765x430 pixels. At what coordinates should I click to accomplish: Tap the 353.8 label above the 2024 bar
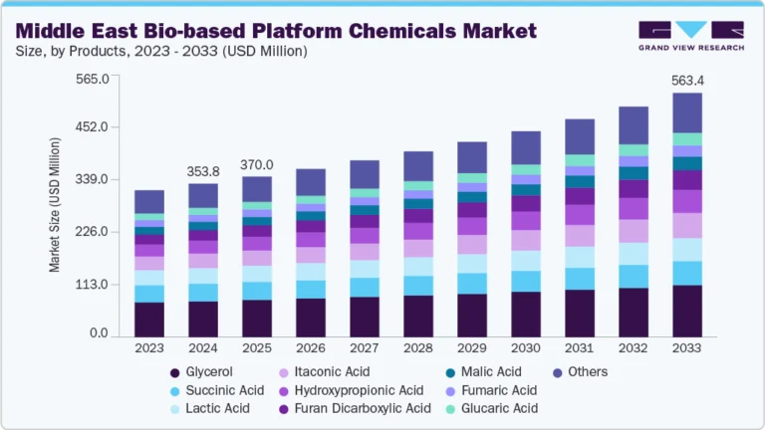pyautogui.click(x=203, y=171)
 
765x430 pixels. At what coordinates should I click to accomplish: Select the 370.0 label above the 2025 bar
pyautogui.click(x=257, y=164)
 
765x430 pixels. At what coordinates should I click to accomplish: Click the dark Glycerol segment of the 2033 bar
pyautogui.click(x=687, y=311)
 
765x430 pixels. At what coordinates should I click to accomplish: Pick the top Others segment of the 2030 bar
pyautogui.click(x=526, y=147)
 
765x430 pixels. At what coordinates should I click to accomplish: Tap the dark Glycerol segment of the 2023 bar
pyautogui.click(x=149, y=319)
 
